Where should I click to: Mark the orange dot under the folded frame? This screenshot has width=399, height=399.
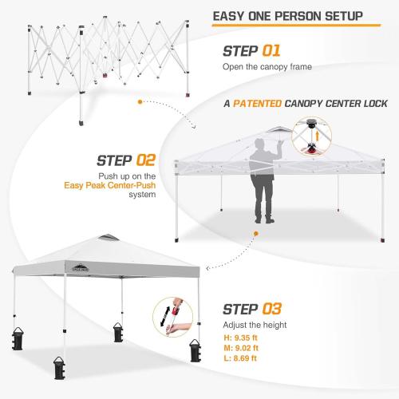(141, 102)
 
